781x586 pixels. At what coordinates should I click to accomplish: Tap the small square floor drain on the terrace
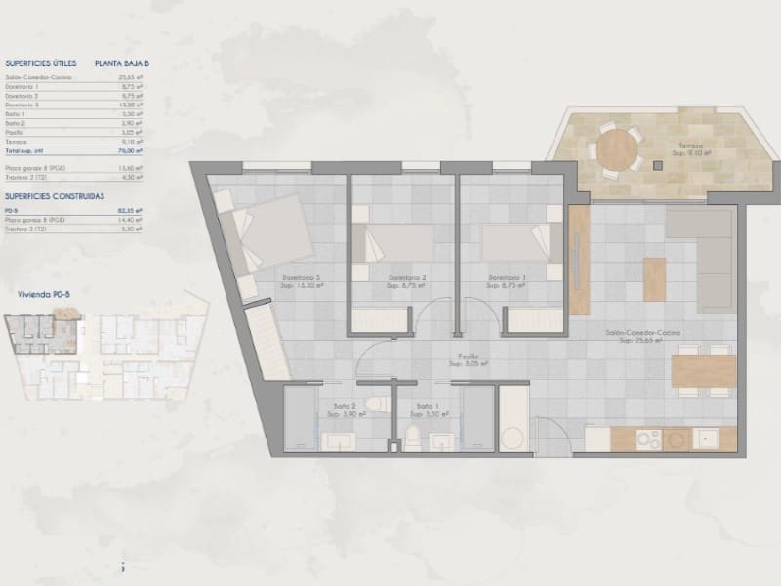pyautogui.click(x=658, y=166)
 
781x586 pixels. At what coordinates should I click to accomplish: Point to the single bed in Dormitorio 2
pyautogui.click(x=392, y=242)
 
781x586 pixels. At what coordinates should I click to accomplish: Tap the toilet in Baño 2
pyautogui.click(x=376, y=403)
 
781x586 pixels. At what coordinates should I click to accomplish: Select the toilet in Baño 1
pyautogui.click(x=413, y=439)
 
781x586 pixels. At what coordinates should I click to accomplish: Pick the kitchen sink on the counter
pyautogui.click(x=705, y=439)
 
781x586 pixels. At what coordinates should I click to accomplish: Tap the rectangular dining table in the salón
pyautogui.click(x=703, y=371)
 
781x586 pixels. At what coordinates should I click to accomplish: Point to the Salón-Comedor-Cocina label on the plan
pyautogui.click(x=641, y=333)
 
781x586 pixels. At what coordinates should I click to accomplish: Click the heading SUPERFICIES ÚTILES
pyautogui.click(x=40, y=63)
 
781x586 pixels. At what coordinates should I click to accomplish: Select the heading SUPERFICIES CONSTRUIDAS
pyautogui.click(x=54, y=196)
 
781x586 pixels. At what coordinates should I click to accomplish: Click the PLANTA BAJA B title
pyautogui.click(x=122, y=63)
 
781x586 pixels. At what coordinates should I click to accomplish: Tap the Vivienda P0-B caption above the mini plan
pyautogui.click(x=44, y=293)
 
